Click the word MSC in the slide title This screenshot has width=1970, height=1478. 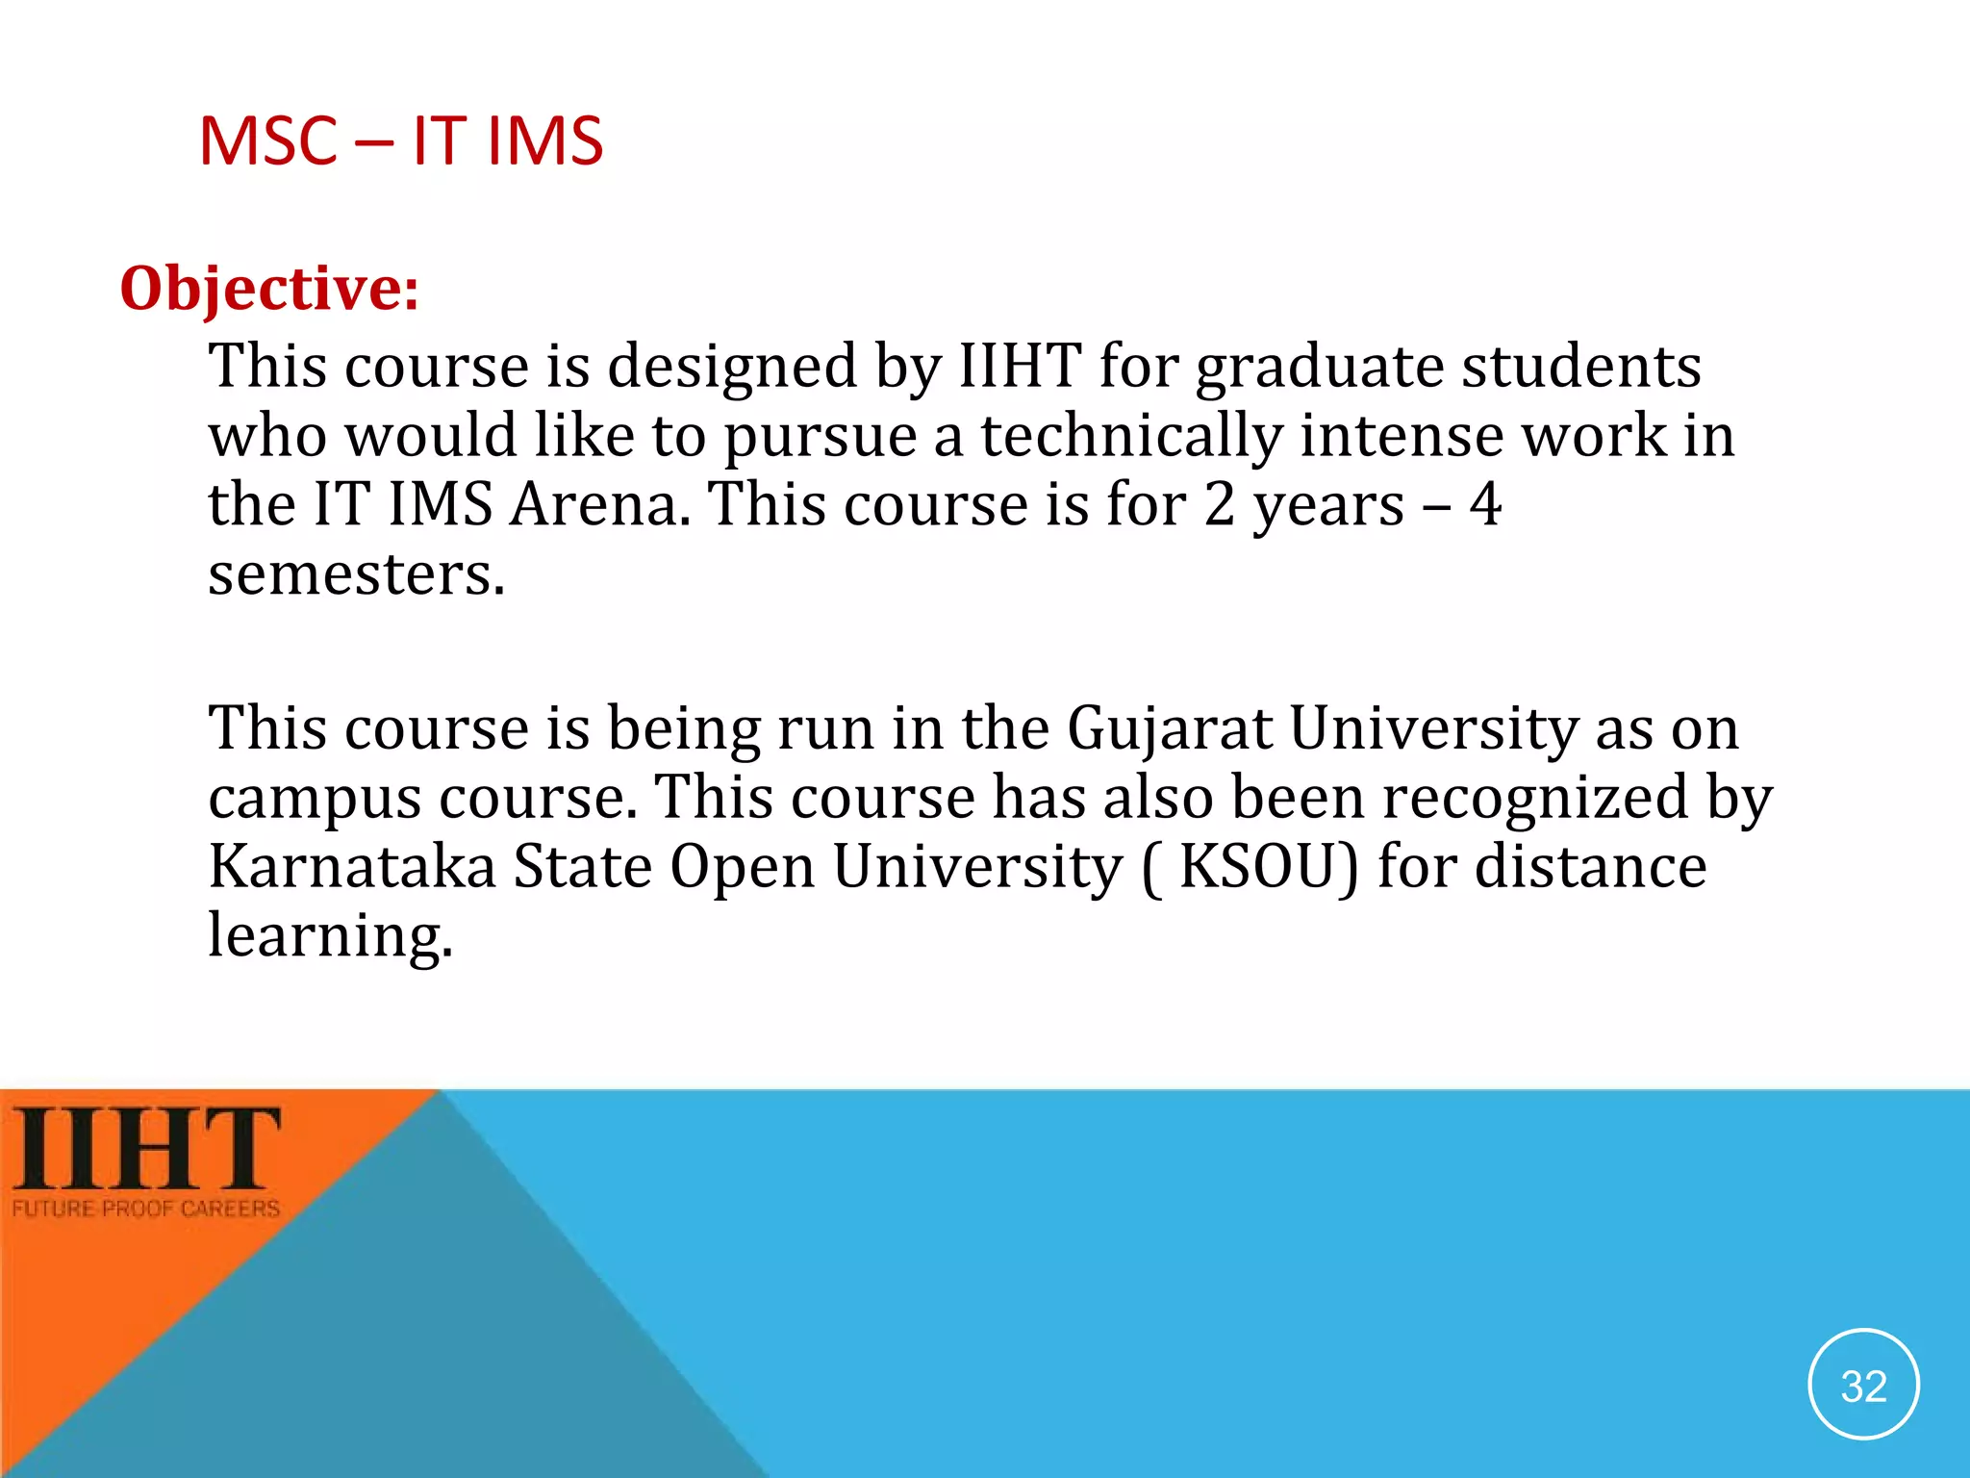tap(267, 141)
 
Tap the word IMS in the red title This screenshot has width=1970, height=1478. tap(544, 141)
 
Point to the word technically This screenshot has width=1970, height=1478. tap(1131, 436)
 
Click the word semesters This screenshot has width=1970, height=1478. tap(356, 574)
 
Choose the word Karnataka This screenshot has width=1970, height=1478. tap(352, 866)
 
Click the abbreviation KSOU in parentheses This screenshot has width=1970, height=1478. tap(1260, 866)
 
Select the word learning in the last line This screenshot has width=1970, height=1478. tap(330, 935)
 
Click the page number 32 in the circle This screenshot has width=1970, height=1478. tap(1863, 1386)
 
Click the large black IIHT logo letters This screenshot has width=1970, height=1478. tap(146, 1148)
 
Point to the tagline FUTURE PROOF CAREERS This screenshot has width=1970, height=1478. tap(146, 1209)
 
